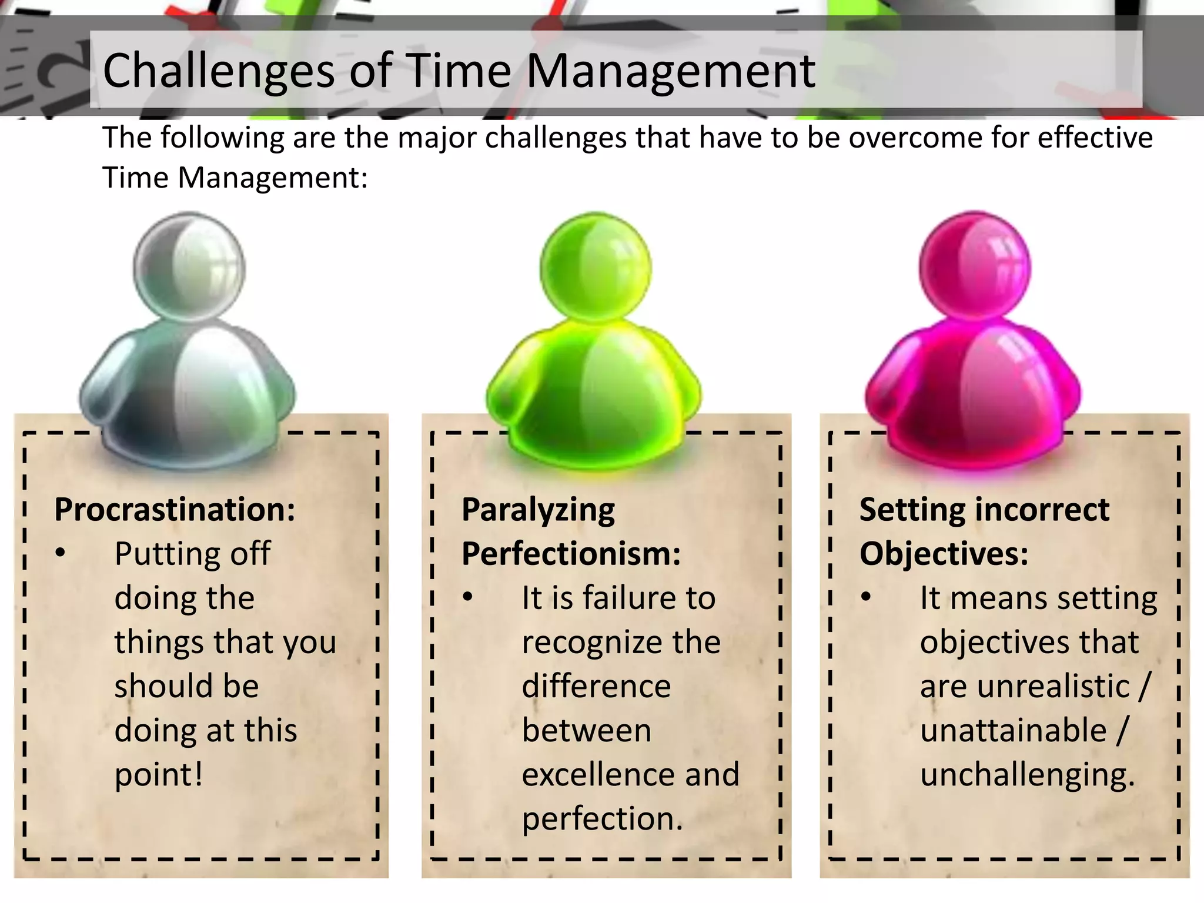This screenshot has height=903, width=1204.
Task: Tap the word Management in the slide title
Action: [x=670, y=72]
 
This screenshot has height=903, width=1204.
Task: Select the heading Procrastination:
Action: [x=175, y=509]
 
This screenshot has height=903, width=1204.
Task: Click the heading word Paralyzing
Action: [x=538, y=510]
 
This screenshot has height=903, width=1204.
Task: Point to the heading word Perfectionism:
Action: [x=571, y=554]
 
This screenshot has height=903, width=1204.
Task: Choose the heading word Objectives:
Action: [x=944, y=554]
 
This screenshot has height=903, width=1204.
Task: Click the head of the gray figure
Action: [x=189, y=267]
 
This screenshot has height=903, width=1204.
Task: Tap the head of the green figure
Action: [x=596, y=267]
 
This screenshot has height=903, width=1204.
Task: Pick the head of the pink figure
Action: [x=975, y=267]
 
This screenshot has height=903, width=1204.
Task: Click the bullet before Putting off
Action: [x=61, y=553]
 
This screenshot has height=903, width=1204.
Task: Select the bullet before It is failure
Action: [x=467, y=597]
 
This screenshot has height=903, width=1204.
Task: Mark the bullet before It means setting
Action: [x=865, y=597]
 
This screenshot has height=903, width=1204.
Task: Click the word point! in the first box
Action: [x=159, y=775]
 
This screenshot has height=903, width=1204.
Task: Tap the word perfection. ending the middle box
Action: [x=603, y=819]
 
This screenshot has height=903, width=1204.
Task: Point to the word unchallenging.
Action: [x=1027, y=775]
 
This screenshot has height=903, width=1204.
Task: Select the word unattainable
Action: [x=1013, y=731]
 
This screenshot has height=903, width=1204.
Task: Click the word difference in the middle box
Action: [x=596, y=686]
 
